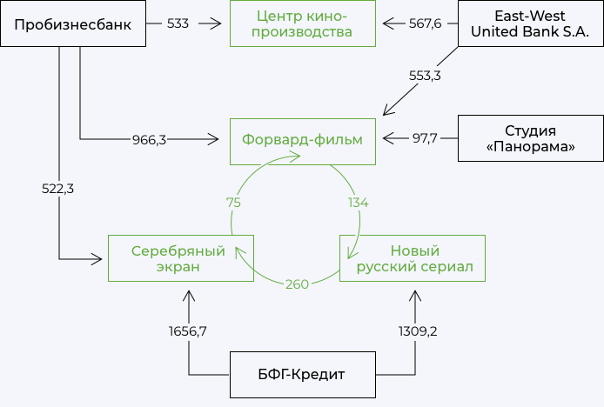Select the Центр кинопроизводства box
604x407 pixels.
[303, 23]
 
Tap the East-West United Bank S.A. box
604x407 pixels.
[530, 23]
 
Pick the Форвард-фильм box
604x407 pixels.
[303, 139]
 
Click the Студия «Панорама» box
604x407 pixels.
[530, 139]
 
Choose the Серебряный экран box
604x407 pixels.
[180, 258]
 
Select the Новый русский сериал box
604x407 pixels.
[413, 258]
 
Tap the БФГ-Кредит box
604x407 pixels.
[303, 374]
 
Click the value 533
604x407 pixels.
[178, 23]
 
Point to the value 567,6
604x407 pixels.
[426, 23]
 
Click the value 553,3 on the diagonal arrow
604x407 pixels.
[426, 76]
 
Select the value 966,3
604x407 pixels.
[149, 139]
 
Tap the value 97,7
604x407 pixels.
[425, 138]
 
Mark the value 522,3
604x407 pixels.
[57, 189]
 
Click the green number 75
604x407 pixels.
[232, 203]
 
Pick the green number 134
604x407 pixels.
[358, 203]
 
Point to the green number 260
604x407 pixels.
[297, 284]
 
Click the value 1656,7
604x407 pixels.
[187, 331]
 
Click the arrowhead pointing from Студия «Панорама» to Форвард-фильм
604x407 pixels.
[389, 138]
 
